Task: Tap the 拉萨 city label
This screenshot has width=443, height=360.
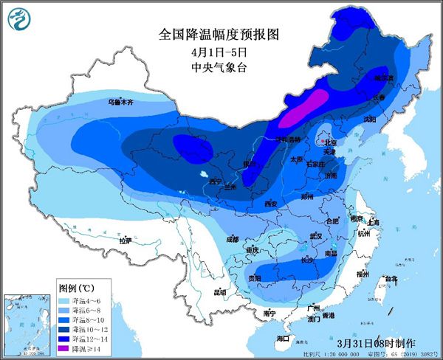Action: tap(126, 240)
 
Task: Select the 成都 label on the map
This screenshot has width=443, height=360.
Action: tap(233, 238)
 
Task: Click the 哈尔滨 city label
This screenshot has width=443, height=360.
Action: tap(383, 77)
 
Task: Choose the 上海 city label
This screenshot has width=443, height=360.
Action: tap(373, 222)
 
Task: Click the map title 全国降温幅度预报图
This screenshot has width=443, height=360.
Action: tap(221, 34)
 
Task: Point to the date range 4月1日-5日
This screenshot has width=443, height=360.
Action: tap(221, 53)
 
